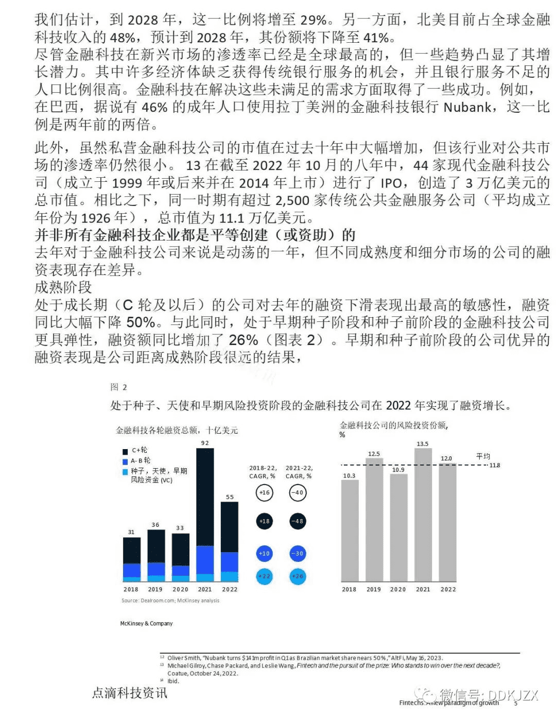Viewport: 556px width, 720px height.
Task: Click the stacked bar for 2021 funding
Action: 205,515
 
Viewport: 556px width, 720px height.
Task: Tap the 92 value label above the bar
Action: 205,443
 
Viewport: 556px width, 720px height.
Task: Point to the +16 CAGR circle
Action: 264,493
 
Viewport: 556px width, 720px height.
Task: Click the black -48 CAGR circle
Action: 298,521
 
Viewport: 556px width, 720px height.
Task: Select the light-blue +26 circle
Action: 298,576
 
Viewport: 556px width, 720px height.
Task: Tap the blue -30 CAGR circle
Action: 298,554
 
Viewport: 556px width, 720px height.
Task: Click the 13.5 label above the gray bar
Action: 423,444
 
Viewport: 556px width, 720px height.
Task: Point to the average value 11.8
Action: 495,466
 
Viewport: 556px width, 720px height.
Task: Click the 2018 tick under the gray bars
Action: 349,589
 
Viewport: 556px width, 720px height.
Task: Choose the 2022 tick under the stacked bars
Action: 230,589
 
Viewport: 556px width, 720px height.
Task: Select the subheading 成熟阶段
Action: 63,287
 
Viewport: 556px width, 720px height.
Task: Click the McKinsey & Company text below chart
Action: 146,624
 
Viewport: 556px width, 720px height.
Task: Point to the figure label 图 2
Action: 118,387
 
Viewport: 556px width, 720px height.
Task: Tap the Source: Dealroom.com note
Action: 170,601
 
